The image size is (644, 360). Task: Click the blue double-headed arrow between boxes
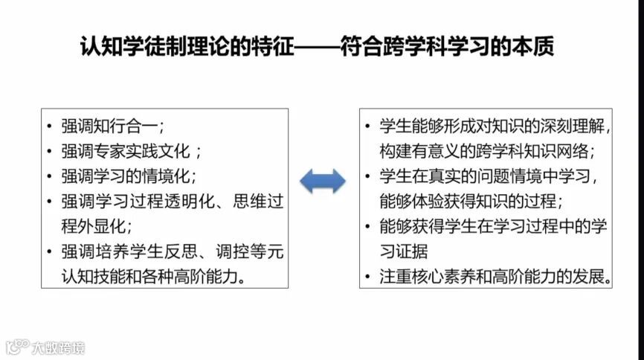point(322,181)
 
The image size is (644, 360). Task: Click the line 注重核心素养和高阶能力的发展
point(495,277)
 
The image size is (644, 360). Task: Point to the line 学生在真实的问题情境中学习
point(486,176)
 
